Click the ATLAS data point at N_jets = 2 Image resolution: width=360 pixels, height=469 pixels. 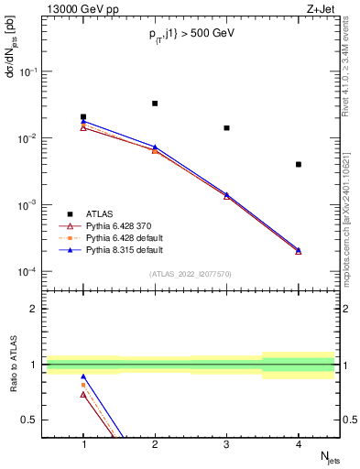(x=155, y=104)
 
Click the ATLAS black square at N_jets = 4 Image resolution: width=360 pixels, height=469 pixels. (x=299, y=164)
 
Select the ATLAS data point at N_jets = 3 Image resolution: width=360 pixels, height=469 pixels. (x=227, y=128)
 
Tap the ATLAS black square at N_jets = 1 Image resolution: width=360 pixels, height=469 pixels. (x=83, y=117)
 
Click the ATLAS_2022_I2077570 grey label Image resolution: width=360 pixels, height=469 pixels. (x=191, y=274)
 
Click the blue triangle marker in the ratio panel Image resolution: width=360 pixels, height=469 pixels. (x=83, y=376)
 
